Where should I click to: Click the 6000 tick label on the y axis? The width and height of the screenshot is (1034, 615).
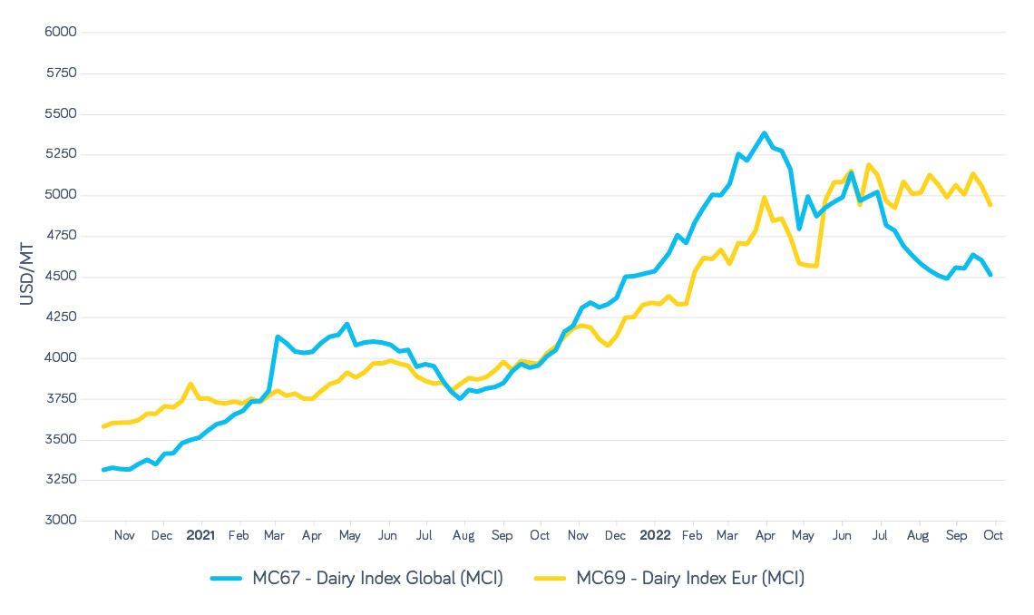(61, 33)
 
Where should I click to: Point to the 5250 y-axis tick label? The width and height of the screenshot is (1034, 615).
(61, 155)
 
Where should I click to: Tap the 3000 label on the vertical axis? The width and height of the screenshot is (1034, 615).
(61, 521)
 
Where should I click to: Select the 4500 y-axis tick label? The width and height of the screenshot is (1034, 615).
(61, 277)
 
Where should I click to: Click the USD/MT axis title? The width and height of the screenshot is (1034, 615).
(28, 277)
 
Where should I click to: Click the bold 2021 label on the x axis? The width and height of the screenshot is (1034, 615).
(200, 535)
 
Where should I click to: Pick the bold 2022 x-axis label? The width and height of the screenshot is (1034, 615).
(655, 535)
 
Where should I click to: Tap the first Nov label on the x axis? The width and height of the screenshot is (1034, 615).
(124, 535)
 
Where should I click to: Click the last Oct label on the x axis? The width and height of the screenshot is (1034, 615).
(992, 535)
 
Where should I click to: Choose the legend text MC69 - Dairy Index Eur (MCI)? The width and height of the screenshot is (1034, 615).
(690, 578)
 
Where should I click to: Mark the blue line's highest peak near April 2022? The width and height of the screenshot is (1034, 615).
(765, 133)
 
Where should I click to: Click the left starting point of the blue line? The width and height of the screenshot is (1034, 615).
(103, 470)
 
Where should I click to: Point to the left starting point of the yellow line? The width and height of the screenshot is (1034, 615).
(103, 426)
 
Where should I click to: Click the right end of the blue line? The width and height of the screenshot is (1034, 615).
(990, 275)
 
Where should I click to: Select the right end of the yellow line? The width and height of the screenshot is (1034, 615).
(990, 205)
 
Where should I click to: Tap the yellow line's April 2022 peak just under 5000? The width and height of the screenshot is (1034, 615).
(765, 197)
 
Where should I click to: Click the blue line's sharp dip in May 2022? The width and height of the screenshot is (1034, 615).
(799, 229)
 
